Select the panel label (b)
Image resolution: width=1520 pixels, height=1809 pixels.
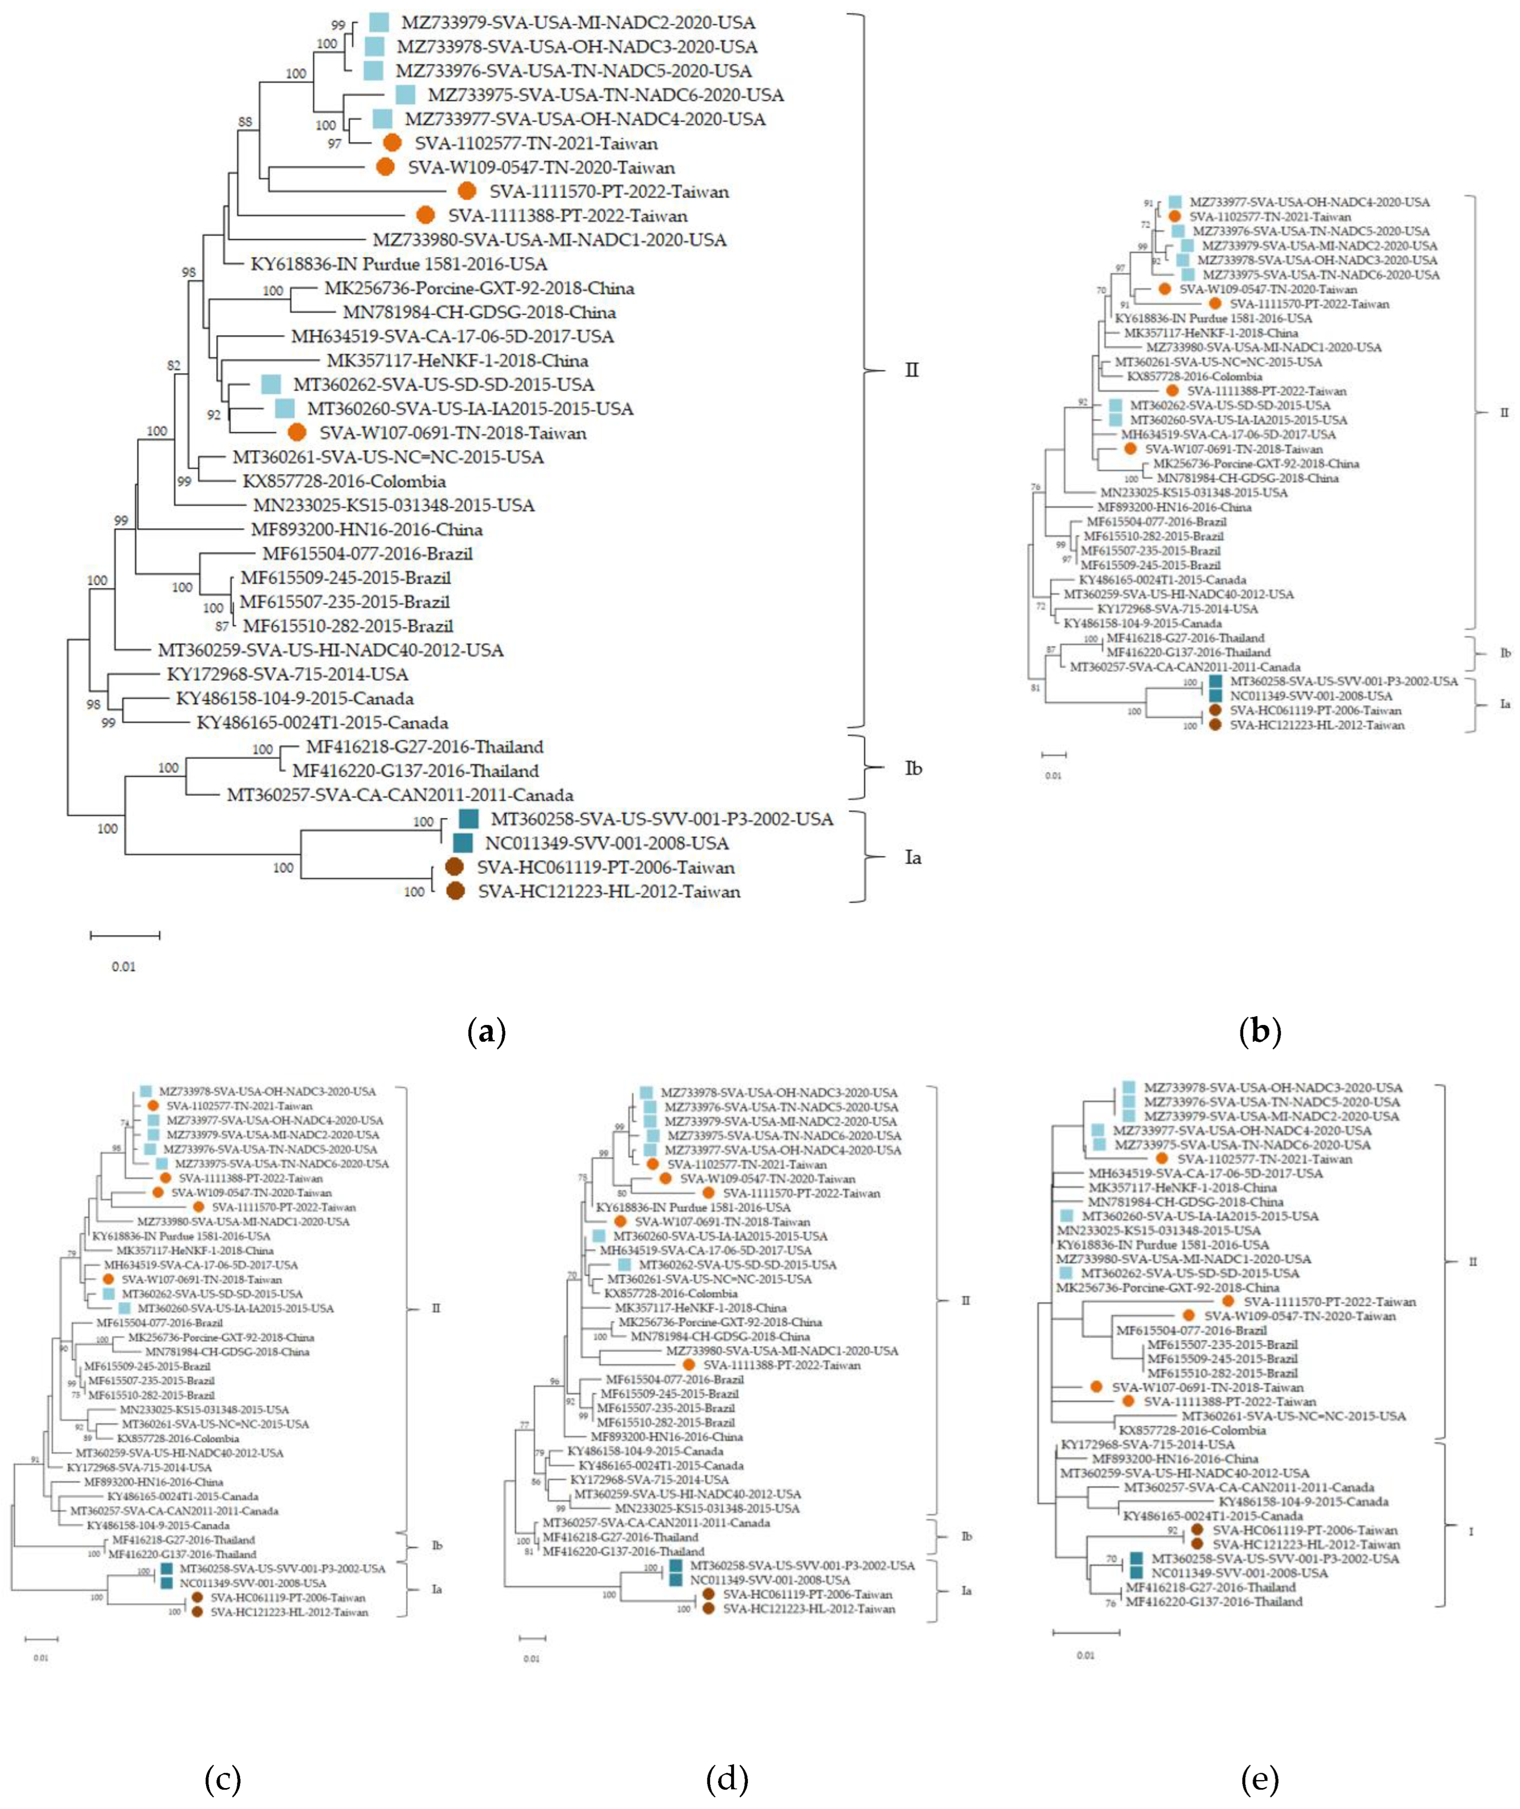pos(1260,1031)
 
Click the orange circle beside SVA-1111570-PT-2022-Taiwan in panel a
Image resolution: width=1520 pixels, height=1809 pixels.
pos(467,191)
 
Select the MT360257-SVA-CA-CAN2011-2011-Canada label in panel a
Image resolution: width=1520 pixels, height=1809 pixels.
pos(400,795)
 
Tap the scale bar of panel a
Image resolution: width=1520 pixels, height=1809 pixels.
pos(125,934)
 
